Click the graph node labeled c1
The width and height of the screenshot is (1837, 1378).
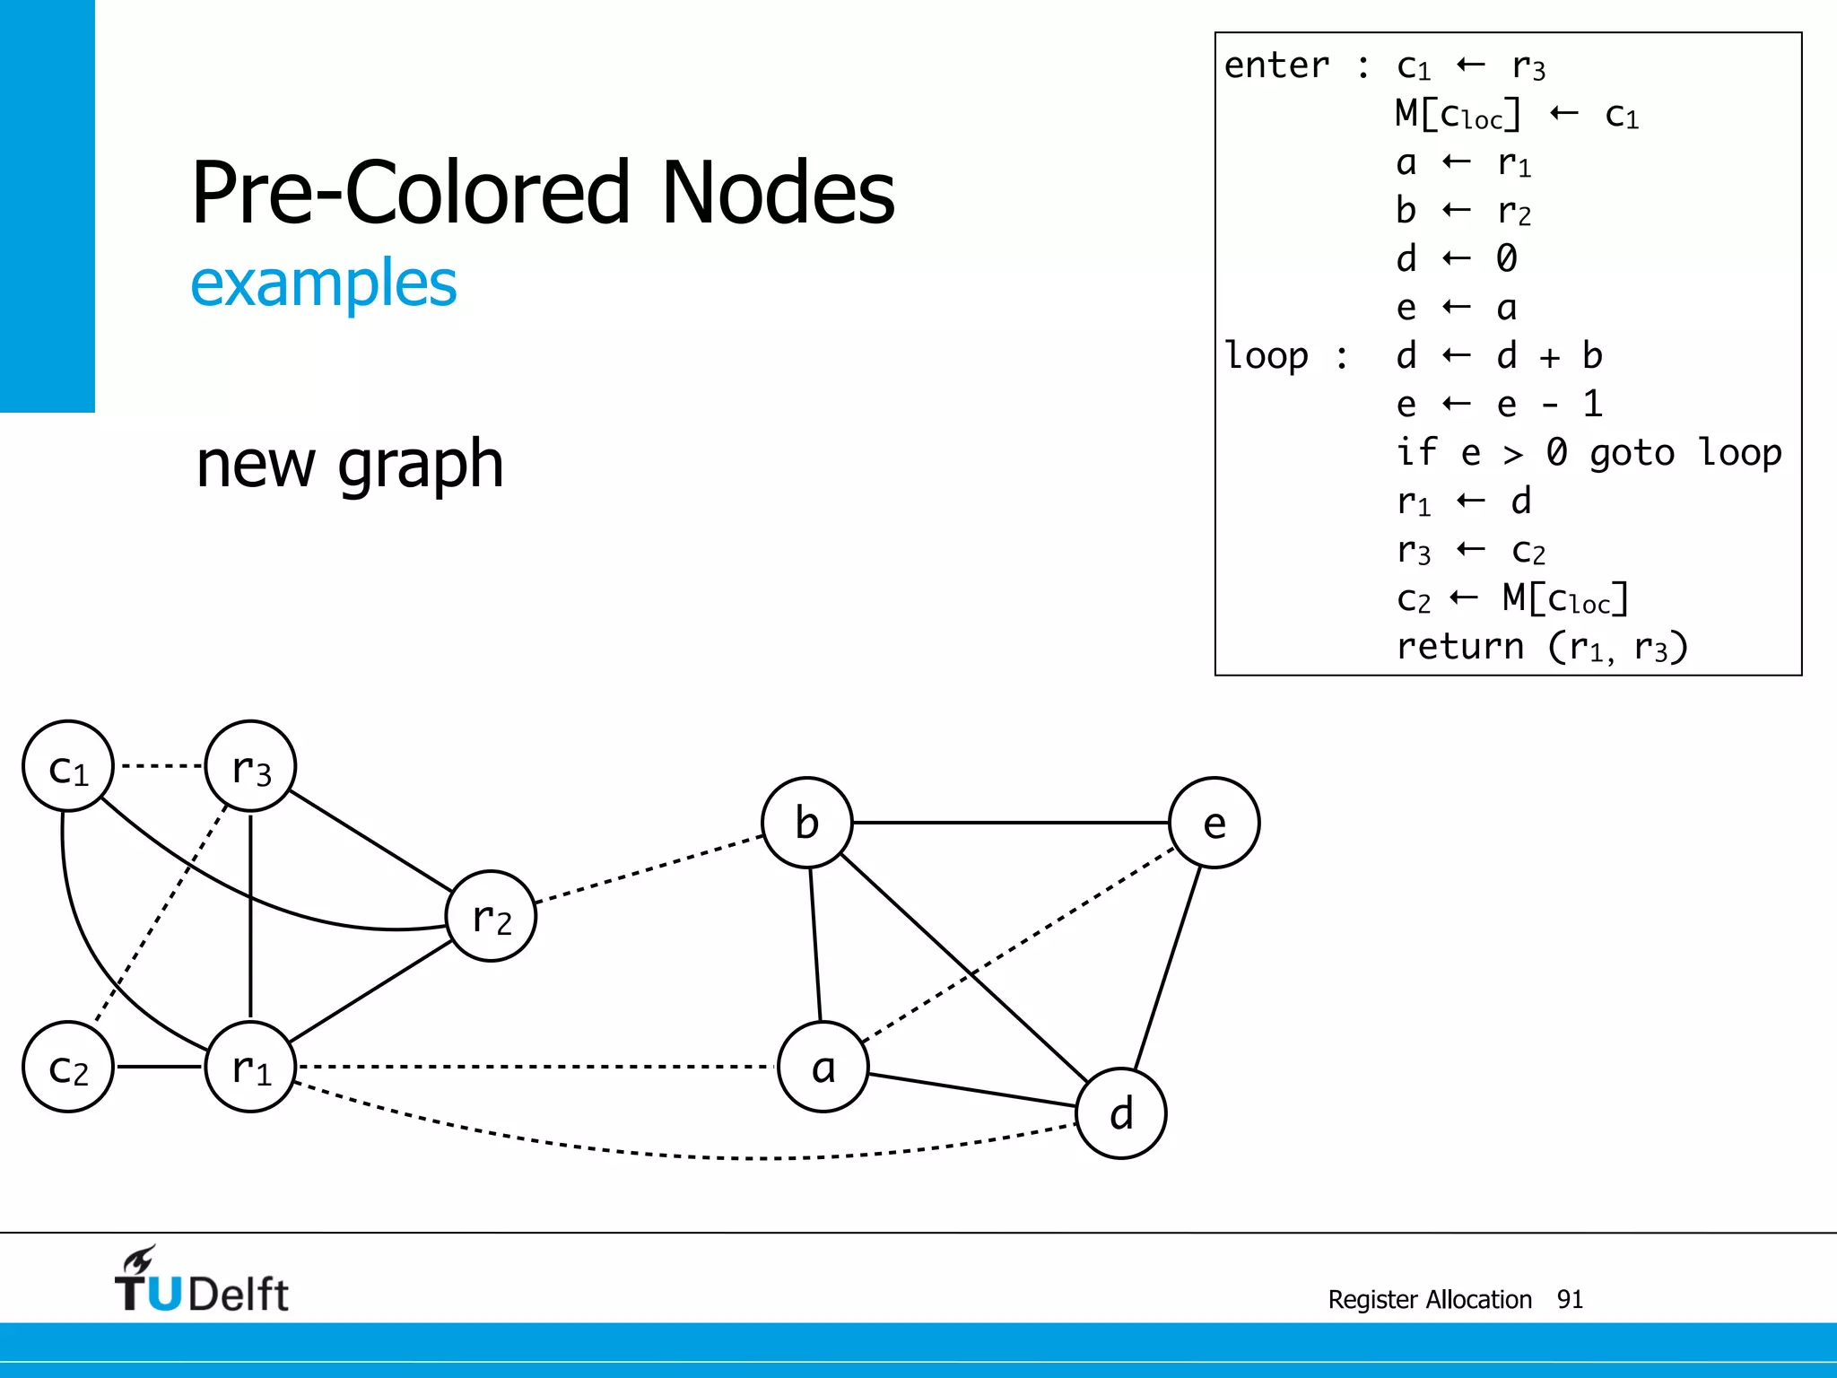68,766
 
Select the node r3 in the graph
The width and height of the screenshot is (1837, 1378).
250,766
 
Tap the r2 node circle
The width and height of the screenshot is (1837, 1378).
492,916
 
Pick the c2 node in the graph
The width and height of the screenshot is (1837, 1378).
68,1067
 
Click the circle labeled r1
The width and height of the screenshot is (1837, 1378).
250,1067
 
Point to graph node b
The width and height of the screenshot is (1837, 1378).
807,822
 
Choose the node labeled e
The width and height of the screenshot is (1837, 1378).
1215,822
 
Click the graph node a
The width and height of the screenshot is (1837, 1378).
823,1067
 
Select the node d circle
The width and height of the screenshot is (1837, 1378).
1121,1113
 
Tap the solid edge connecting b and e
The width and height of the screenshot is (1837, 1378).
1011,822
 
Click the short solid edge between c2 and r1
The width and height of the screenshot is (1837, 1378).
160,1067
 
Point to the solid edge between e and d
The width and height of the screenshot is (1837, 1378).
1168,968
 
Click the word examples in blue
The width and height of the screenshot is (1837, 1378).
324,283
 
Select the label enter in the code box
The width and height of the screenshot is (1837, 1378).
1276,65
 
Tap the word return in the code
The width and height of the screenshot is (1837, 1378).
1460,646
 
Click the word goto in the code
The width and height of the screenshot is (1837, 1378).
1632,453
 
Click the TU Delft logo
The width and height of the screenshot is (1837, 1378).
202,1280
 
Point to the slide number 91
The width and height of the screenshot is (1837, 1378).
1570,1299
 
